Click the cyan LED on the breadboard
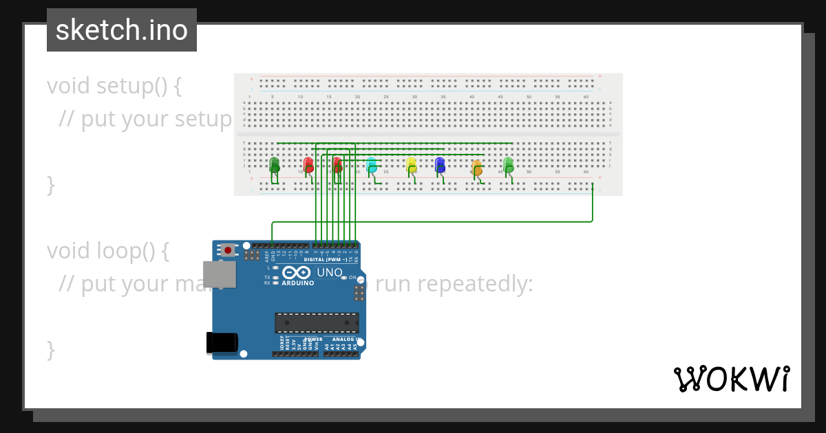click(x=372, y=165)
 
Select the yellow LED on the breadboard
click(x=411, y=164)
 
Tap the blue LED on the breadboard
click(x=440, y=164)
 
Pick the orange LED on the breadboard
click(x=476, y=167)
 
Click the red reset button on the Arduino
click(x=228, y=250)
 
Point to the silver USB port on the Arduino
click(x=219, y=274)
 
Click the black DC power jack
click(x=222, y=342)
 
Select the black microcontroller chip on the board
click(x=317, y=323)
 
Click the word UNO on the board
click(x=329, y=272)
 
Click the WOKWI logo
click(x=731, y=379)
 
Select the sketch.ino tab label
click(x=122, y=30)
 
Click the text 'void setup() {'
click(x=114, y=86)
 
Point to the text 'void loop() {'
click(x=108, y=251)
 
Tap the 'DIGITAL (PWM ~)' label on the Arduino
click(x=326, y=260)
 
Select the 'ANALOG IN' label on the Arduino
click(x=345, y=340)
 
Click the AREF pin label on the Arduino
click(x=267, y=256)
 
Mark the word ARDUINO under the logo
click(x=298, y=283)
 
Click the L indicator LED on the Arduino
click(x=275, y=267)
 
